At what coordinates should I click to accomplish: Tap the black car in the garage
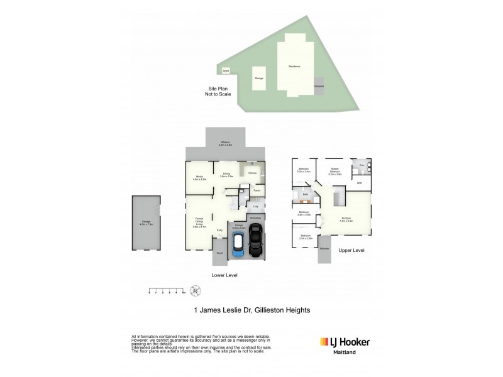point(257,244)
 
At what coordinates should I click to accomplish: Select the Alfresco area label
point(226,144)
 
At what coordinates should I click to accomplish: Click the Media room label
point(199,177)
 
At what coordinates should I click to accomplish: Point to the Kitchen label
point(252,173)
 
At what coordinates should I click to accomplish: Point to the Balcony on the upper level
point(324,248)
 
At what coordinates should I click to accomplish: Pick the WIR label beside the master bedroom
point(359,183)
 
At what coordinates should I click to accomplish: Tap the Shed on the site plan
point(225,71)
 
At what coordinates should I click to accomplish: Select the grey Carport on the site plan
point(319,87)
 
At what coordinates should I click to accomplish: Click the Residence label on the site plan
point(294,66)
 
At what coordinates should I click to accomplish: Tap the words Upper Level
point(351,251)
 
